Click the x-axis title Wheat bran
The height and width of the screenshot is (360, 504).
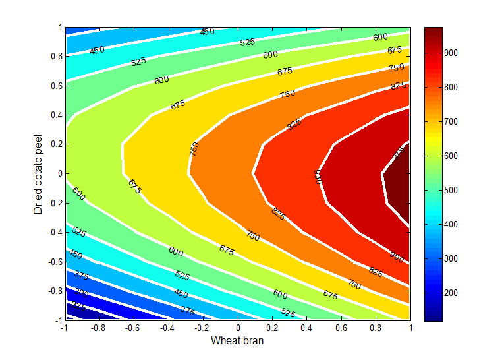coord(237,341)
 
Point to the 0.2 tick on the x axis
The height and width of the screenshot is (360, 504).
coord(272,320)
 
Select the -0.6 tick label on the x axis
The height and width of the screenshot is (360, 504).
coord(132,327)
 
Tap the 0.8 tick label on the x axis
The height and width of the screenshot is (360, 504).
coord(376,327)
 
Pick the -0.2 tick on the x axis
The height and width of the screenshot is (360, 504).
coord(203,320)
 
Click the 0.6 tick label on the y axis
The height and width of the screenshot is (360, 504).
coord(54,86)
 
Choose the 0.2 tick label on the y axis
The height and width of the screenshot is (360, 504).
coord(54,144)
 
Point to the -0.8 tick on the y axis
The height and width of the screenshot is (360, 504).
coord(65,291)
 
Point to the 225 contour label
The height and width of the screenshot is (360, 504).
coord(78,307)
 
